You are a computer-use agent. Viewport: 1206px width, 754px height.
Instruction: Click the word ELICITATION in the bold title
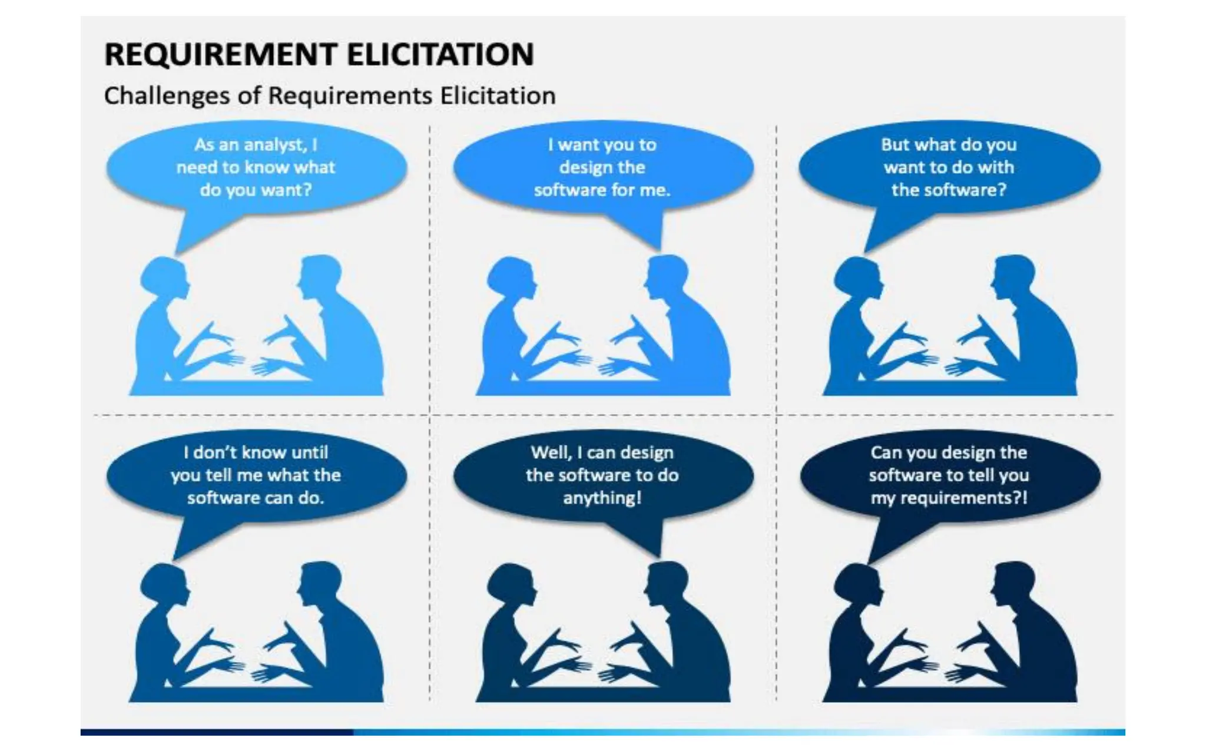click(440, 54)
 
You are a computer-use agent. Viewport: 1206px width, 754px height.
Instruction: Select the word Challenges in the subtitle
click(167, 95)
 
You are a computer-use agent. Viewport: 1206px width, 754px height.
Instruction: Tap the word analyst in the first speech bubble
click(275, 145)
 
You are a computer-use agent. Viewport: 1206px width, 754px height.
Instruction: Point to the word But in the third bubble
click(895, 145)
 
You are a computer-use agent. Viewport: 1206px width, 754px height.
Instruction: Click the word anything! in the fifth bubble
click(602, 498)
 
